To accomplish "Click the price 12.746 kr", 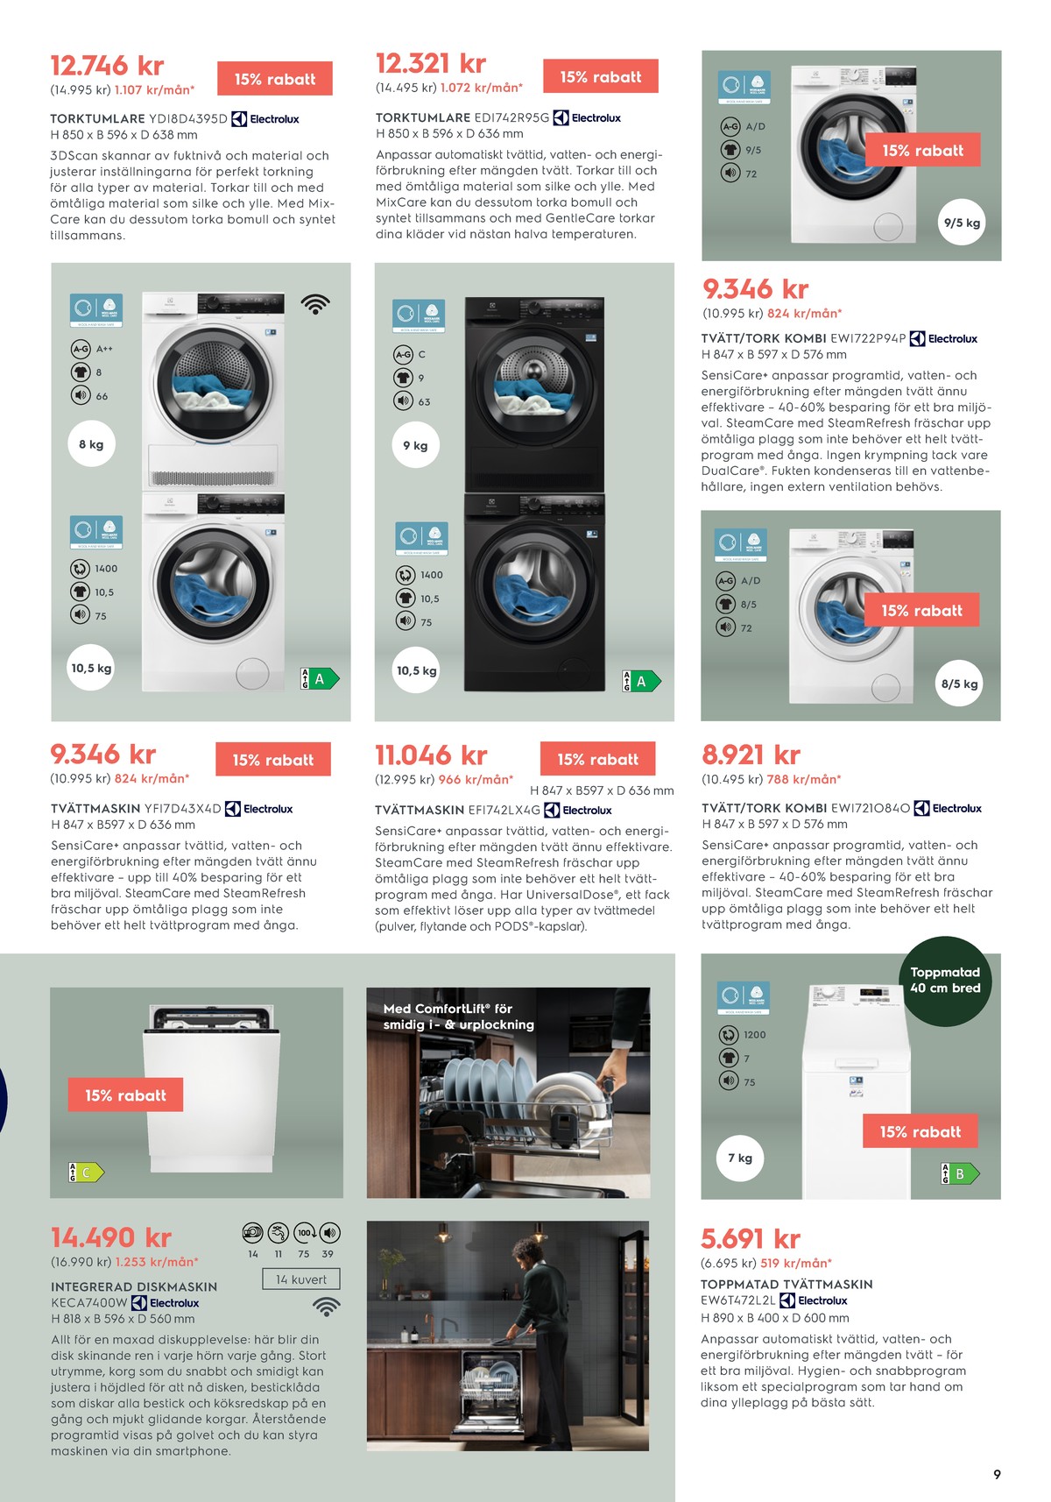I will (107, 66).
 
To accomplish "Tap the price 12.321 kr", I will (430, 64).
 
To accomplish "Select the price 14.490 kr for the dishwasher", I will (111, 1237).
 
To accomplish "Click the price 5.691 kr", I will (751, 1238).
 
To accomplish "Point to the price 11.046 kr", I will (431, 755).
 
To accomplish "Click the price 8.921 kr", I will (751, 755).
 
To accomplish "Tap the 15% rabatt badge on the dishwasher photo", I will (125, 1095).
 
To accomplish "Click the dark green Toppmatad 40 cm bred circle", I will (945, 981).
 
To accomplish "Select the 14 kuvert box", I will (300, 1279).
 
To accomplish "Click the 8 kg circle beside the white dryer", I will (91, 444).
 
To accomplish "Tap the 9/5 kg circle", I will (962, 223).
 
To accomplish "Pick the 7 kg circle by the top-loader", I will (740, 1158).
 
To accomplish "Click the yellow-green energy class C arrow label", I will (86, 1173).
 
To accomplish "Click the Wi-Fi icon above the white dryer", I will (315, 304).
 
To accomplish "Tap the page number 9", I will (997, 1475).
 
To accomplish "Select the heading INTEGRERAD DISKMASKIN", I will (134, 1286).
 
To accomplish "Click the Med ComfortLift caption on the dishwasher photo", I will (458, 1017).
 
